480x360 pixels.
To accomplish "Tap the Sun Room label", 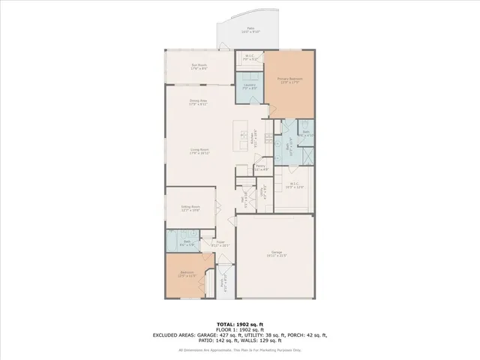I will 199,66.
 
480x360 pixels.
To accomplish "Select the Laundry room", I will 250,86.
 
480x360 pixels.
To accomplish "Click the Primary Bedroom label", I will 289,79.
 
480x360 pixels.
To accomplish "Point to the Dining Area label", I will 198,102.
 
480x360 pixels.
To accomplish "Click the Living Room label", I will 199,151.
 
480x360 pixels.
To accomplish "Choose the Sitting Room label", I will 190,208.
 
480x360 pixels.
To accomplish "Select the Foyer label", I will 221,243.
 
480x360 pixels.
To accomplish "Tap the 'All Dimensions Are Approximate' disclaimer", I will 240,350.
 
